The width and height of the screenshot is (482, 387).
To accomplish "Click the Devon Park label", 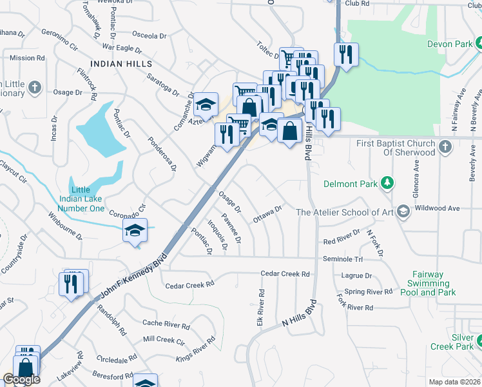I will pyautogui.click(x=449, y=45).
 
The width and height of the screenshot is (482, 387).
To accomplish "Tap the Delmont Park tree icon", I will pyautogui.click(x=387, y=184).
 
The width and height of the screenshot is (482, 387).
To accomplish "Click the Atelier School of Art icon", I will pyautogui.click(x=403, y=212).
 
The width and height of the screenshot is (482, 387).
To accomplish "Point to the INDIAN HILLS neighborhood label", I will pyautogui.click(x=122, y=64).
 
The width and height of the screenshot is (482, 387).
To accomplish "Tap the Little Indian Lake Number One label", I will pyautogui.click(x=81, y=199).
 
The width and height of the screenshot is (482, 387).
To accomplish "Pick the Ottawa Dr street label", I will pyautogui.click(x=268, y=213).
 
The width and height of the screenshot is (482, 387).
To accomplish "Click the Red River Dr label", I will pyautogui.click(x=342, y=237).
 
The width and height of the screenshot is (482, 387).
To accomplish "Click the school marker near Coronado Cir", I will pyautogui.click(x=135, y=230).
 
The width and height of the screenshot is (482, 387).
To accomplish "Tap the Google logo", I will pyautogui.click(x=21, y=379).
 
